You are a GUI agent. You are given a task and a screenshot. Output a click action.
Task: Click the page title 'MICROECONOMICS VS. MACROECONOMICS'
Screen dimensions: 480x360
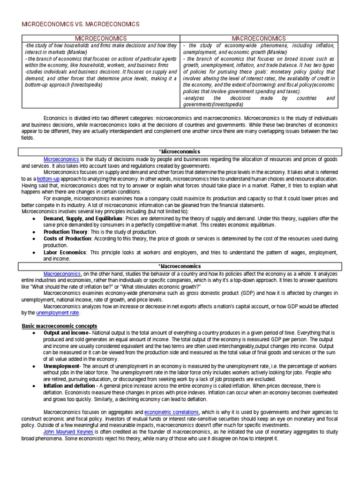(x=81, y=24)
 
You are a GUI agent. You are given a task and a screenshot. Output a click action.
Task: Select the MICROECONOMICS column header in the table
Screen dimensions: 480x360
(x=101, y=38)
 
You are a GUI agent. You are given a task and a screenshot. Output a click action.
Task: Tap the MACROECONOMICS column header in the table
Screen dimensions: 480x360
(x=259, y=38)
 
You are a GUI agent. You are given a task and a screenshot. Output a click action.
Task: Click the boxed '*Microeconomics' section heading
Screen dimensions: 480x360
(x=180, y=152)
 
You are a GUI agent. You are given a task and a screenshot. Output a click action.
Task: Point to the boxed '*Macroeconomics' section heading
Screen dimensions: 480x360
(x=180, y=266)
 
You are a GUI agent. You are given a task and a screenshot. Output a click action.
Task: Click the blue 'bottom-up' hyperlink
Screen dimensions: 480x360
(x=48, y=179)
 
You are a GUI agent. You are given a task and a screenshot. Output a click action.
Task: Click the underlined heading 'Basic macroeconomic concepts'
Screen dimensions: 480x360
(x=60, y=326)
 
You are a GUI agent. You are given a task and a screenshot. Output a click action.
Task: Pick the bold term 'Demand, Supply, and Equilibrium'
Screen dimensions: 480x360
(x=83, y=218)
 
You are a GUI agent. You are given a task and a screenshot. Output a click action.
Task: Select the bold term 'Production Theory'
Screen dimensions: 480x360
(x=65, y=232)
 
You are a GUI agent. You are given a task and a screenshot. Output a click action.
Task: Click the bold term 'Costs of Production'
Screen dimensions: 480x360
(x=67, y=239)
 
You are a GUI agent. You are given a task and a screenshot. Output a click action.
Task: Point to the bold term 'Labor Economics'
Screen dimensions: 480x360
(x=65, y=252)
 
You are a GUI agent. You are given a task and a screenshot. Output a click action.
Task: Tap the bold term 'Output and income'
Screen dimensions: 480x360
(x=66, y=332)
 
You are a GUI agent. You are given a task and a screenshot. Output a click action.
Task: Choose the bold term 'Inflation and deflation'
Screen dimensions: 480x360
(x=69, y=385)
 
